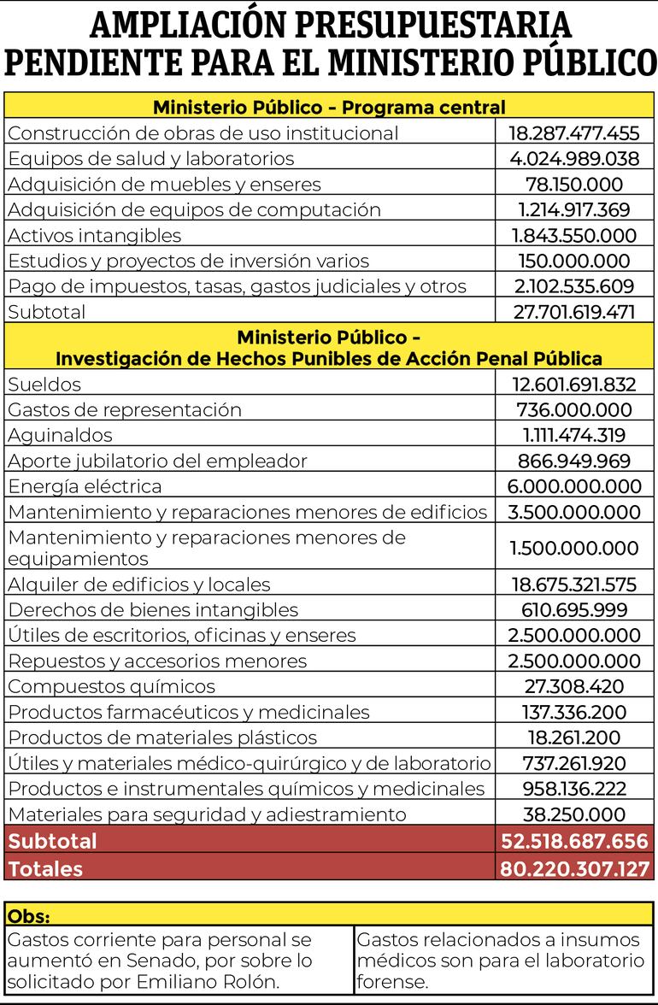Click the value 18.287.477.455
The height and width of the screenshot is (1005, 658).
[574, 133]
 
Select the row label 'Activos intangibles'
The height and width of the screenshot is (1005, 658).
[94, 236]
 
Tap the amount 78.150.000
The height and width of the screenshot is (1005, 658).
[574, 185]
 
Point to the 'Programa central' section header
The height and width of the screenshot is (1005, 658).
[329, 108]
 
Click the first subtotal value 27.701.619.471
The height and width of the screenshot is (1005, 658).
[574, 312]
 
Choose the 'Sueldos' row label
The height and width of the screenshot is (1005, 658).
[44, 385]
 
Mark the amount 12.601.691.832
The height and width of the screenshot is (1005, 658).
[574, 385]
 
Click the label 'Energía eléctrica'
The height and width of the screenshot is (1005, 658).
[85, 487]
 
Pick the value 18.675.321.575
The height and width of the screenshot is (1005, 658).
[574, 585]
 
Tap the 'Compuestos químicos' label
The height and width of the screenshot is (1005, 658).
[111, 687]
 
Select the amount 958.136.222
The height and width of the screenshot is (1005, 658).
[574, 789]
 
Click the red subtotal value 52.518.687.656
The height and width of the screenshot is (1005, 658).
[574, 841]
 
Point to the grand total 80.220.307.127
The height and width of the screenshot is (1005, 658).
[574, 869]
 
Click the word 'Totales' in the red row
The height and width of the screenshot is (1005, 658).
[45, 869]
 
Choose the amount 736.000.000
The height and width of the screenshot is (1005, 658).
[574, 410]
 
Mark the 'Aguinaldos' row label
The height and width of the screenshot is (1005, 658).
[60, 436]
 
